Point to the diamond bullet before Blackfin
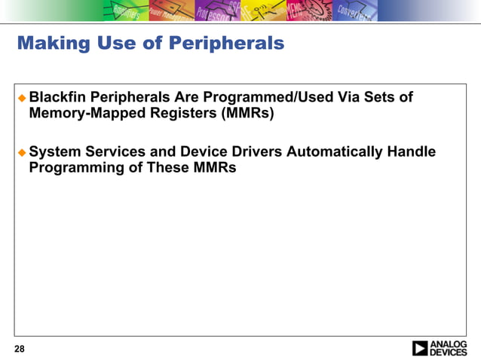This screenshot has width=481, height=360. (x=22, y=98)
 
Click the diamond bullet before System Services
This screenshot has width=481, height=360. (x=22, y=152)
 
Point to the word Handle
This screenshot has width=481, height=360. (x=412, y=152)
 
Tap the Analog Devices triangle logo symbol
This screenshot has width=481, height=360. (x=420, y=348)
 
